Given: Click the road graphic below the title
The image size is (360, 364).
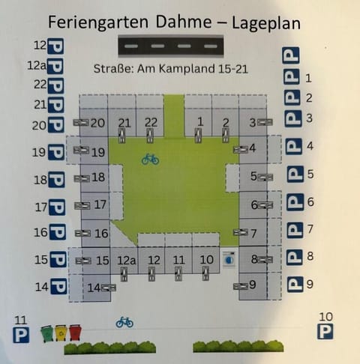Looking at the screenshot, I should click(173, 46).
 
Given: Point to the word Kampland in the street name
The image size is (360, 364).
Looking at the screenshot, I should click(191, 70).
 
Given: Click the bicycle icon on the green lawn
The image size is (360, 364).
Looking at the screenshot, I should click(150, 159).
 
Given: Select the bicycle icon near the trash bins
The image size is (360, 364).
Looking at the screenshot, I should click(124, 322).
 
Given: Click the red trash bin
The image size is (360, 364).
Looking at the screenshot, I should click(74, 332).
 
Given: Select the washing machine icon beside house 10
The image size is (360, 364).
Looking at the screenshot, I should click(229, 259).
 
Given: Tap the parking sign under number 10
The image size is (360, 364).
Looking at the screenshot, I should click(325, 330).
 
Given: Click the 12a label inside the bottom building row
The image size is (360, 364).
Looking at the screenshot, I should click(126, 260).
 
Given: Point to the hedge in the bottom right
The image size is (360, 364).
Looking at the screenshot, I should click(238, 347).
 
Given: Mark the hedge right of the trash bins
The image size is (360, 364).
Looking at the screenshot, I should click(111, 348).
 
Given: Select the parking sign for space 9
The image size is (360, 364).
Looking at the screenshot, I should click(294, 285).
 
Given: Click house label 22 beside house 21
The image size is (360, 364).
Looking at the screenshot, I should click(151, 122).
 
